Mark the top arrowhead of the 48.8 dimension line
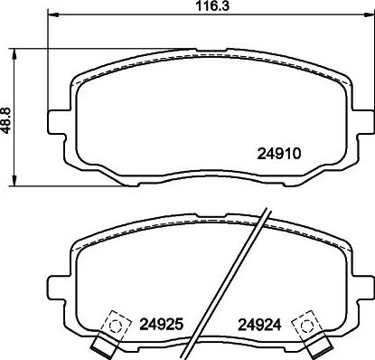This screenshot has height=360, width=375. pyautogui.click(x=13, y=45)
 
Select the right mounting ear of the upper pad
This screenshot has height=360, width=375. pyautogui.click(x=360, y=118)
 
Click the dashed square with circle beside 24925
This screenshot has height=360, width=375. pyautogui.click(x=116, y=322)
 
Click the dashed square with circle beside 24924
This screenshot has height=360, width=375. pyautogui.click(x=305, y=322)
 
